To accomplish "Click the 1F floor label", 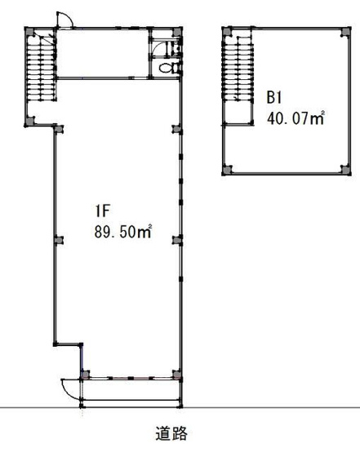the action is click(102, 211).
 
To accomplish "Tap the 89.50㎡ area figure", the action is click(123, 232).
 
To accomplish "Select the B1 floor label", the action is click(273, 97).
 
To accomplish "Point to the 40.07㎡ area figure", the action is click(296, 118).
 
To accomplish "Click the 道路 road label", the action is click(171, 433).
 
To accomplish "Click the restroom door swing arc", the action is click(158, 47).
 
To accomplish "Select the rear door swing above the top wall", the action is click(64, 20).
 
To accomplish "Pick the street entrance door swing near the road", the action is click(70, 389).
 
